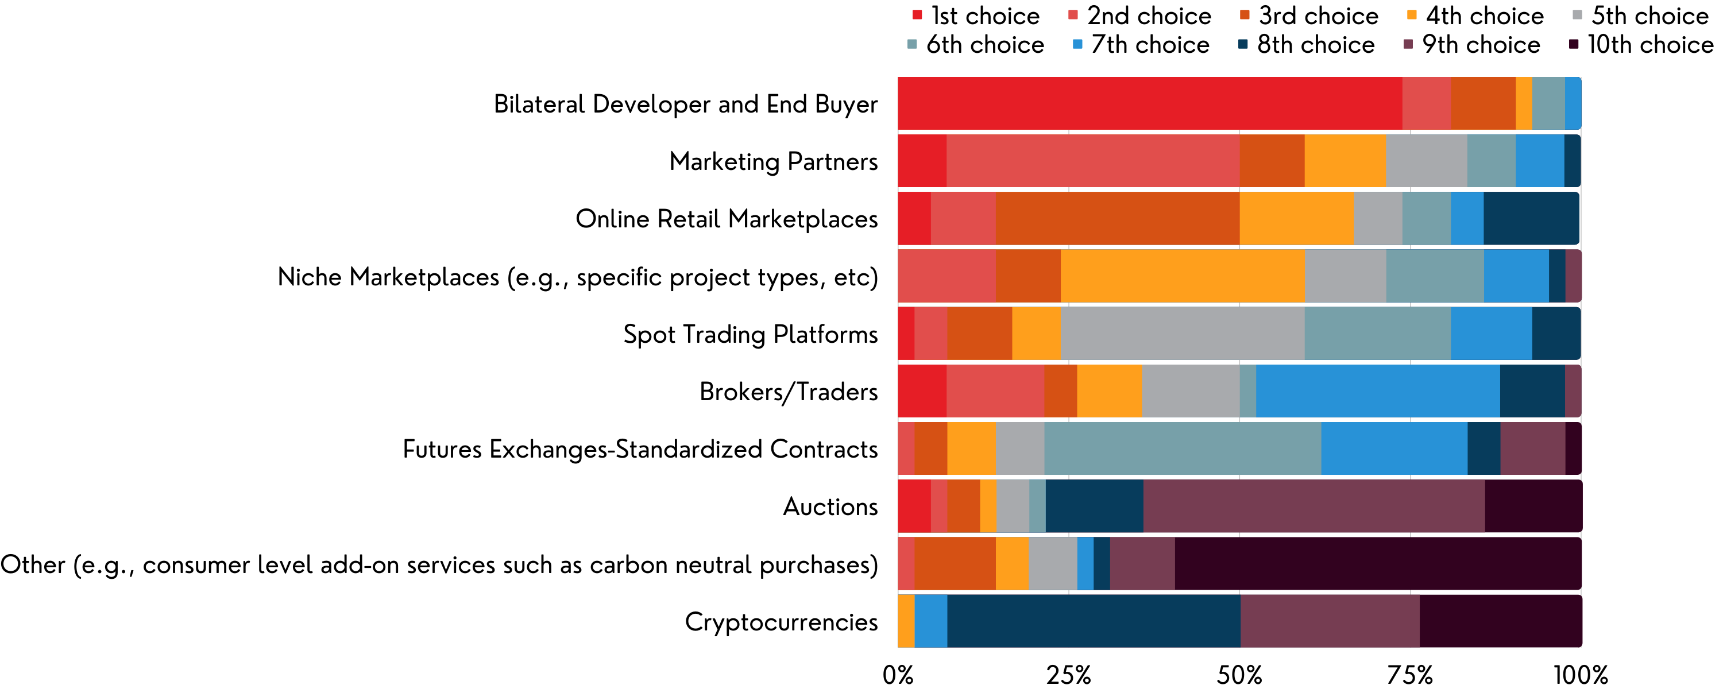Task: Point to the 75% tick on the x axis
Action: click(1410, 674)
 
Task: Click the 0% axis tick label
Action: click(898, 674)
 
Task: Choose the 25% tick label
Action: click(1068, 674)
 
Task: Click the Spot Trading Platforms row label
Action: click(750, 334)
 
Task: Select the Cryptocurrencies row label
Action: click(781, 621)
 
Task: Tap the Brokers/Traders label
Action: click(788, 392)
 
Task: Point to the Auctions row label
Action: click(830, 506)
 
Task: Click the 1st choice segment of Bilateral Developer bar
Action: click(1150, 103)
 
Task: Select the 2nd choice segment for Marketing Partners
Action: click(1092, 161)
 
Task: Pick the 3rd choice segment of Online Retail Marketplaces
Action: click(1117, 218)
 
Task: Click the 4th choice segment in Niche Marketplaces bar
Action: click(1182, 276)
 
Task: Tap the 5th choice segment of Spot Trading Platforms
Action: click(1182, 333)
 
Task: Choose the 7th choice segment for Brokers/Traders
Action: click(1378, 390)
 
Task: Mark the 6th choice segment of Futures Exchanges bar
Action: click(1182, 448)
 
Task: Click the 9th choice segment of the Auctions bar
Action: click(1314, 506)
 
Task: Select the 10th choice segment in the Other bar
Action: click(1378, 563)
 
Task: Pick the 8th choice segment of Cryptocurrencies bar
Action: click(1094, 621)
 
